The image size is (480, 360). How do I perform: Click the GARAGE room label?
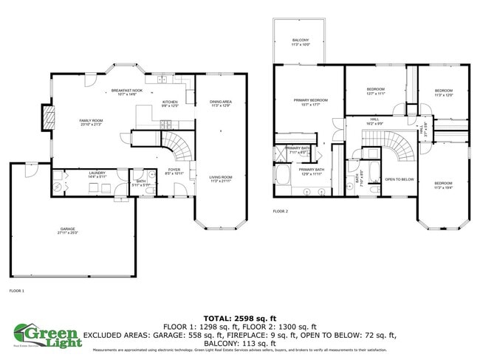(68, 230)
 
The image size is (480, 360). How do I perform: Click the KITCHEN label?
(170, 103)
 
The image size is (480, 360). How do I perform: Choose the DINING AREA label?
(221, 103)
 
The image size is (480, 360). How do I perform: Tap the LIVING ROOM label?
(221, 178)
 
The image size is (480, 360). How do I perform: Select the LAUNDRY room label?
(77, 175)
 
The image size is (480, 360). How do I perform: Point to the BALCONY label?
(300, 41)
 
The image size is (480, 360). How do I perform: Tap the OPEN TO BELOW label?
(400, 179)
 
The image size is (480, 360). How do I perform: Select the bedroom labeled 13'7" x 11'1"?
(376, 92)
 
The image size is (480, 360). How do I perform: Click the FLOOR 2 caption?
(280, 211)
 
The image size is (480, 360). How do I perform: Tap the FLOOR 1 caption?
(16, 291)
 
